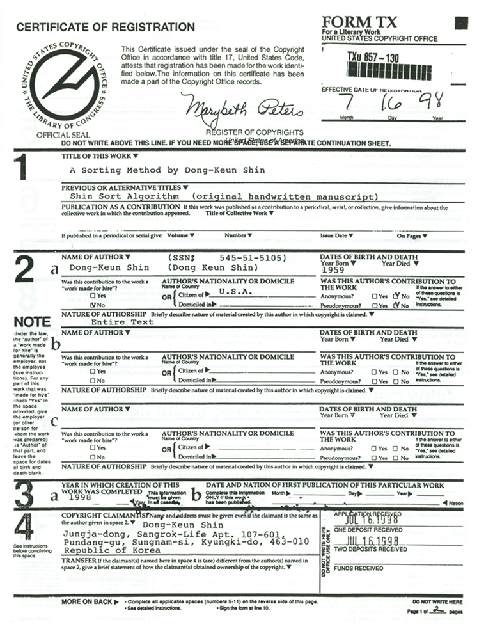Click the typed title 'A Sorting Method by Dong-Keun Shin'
[x=167, y=170]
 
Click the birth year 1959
[x=334, y=271]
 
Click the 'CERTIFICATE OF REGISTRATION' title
[x=105, y=27]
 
